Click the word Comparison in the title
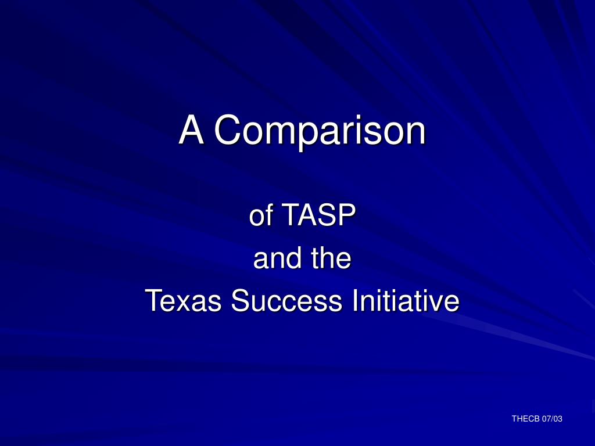(x=319, y=131)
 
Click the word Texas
(x=182, y=301)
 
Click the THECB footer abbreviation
(x=525, y=419)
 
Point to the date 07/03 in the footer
(x=553, y=419)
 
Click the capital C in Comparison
(x=225, y=130)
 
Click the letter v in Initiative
(x=433, y=302)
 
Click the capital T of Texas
(x=154, y=301)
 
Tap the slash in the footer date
(x=553, y=419)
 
